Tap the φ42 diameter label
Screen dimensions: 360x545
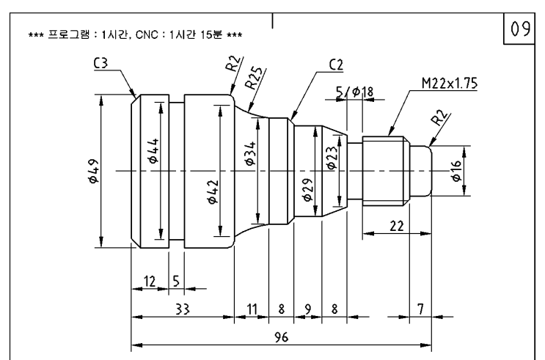tap(212, 199)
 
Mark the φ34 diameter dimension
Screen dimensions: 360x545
tap(250, 154)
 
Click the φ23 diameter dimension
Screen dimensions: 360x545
tap(331, 157)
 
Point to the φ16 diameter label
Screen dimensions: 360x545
tap(456, 171)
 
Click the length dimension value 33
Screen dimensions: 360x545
tap(181, 310)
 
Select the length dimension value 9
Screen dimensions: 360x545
tap(307, 310)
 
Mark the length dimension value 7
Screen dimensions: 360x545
tap(420, 310)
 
